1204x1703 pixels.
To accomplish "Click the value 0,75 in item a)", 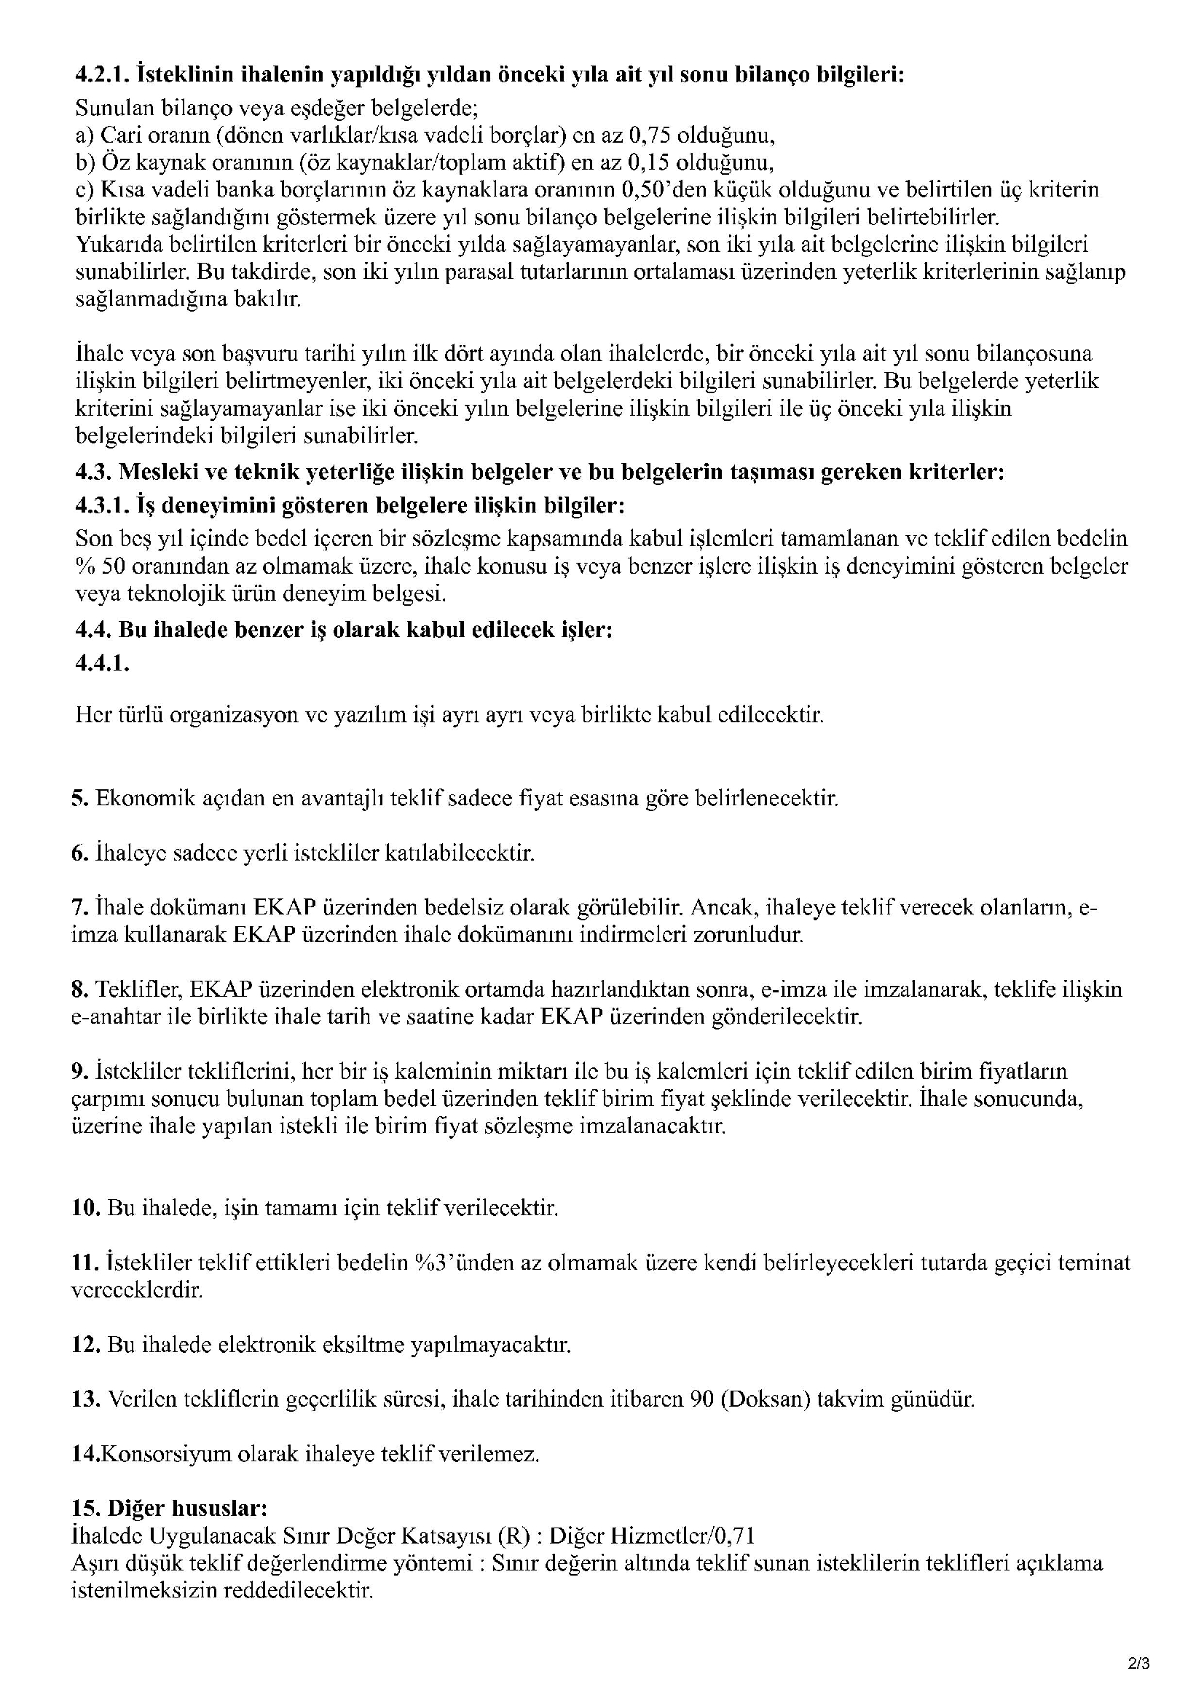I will click(650, 135).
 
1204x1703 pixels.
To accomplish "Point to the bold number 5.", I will click(79, 799).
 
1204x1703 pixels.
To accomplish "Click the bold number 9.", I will click(79, 1071).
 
